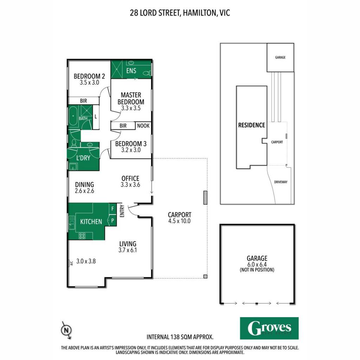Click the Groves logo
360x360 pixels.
pyautogui.click(x=269, y=328)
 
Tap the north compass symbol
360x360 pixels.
pyautogui.click(x=66, y=330)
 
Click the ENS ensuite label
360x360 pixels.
pyautogui.click(x=131, y=71)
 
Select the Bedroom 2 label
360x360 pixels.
pyautogui.click(x=89, y=76)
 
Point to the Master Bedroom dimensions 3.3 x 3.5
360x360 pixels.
pyautogui.click(x=131, y=108)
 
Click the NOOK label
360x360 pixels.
pyautogui.click(x=143, y=126)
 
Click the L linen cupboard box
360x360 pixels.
pyautogui.click(x=96, y=117)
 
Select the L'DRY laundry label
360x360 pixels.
pyautogui.click(x=83, y=158)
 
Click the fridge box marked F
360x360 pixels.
pyautogui.click(x=112, y=209)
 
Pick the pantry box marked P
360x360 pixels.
pyautogui.click(x=112, y=221)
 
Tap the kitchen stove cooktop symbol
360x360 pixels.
pyautogui.click(x=82, y=236)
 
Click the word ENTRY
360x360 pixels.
pyautogui.click(x=122, y=211)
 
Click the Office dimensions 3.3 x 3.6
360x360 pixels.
pyautogui.click(x=130, y=185)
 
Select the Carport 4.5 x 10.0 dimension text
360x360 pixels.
pyautogui.click(x=179, y=221)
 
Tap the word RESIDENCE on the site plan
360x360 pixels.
pyautogui.click(x=252, y=125)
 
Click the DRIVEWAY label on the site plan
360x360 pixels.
pyautogui.click(x=281, y=182)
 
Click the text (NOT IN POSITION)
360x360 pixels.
pyautogui.click(x=257, y=270)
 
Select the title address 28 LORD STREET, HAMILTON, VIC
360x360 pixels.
pyautogui.click(x=180, y=13)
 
